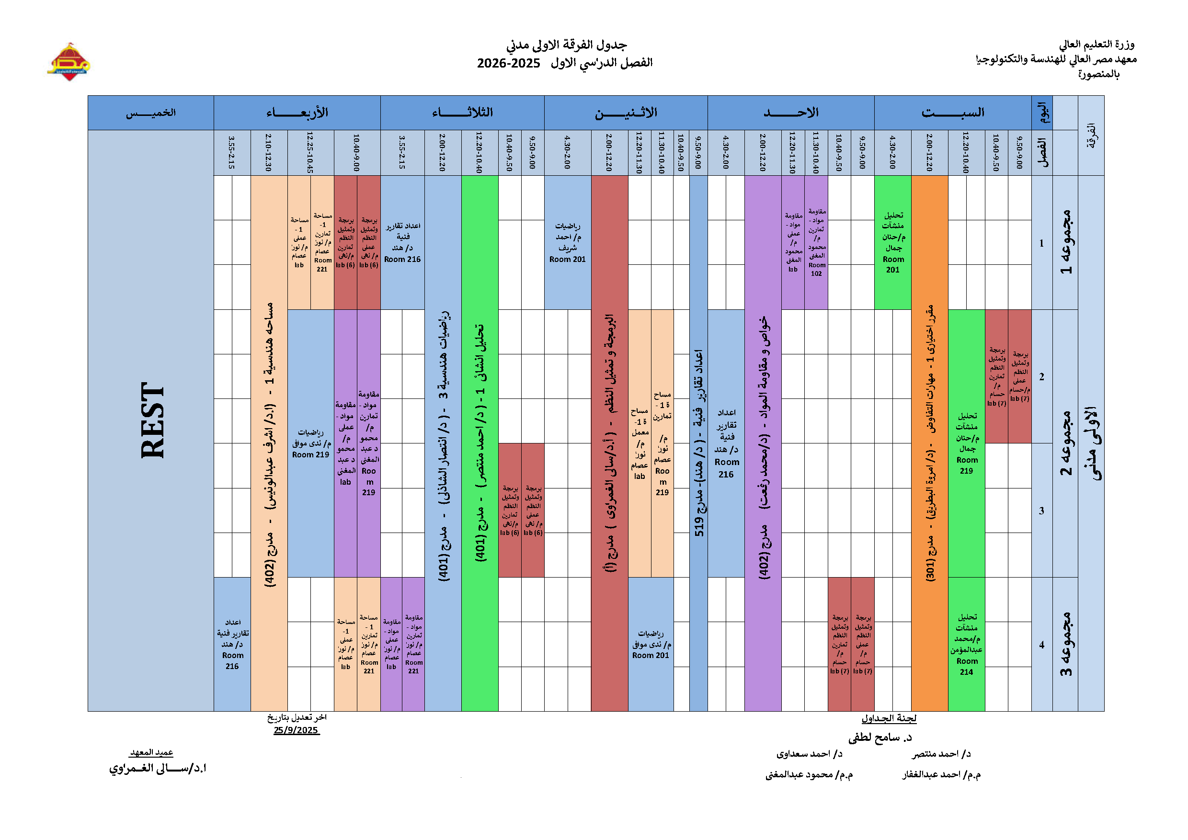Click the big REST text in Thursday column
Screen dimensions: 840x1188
[x=152, y=420]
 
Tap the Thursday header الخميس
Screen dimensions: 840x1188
[x=150, y=113]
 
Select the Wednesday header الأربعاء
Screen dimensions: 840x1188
[x=297, y=113]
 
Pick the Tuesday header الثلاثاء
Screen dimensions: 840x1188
[x=462, y=113]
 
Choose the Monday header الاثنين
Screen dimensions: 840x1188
[x=626, y=113]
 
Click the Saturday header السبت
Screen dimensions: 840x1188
[x=953, y=113]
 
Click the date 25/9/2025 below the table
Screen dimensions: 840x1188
[x=296, y=730]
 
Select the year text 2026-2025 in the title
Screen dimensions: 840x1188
[x=508, y=64]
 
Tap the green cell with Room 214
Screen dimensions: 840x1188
[x=966, y=644]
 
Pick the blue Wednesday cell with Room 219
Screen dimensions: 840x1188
[x=310, y=443]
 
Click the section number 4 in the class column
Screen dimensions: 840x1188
[x=1041, y=645]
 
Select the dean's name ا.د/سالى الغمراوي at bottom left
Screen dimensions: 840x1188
[x=157, y=768]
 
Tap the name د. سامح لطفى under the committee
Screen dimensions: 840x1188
[x=880, y=738]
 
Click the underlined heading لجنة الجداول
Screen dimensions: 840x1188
[x=889, y=718]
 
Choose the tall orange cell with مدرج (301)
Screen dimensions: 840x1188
[x=929, y=443]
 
